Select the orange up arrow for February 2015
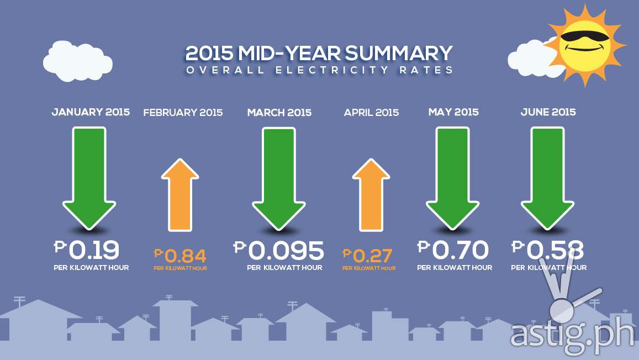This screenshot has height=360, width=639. (179, 195)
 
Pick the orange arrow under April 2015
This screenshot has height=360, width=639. (371, 195)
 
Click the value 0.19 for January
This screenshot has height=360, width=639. (94, 250)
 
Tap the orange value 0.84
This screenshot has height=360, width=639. (186, 256)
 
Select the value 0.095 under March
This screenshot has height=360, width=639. (286, 251)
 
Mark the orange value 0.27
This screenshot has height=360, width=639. (372, 256)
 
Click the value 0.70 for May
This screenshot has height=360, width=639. (460, 250)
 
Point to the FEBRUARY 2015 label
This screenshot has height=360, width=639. (183, 113)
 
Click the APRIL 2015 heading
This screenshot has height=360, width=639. (371, 113)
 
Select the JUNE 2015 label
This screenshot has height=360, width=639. (548, 112)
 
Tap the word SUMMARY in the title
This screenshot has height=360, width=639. (399, 54)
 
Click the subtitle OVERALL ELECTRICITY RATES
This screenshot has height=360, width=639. (319, 70)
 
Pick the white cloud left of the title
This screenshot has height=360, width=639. (77, 61)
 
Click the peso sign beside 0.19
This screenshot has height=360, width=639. (60, 246)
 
